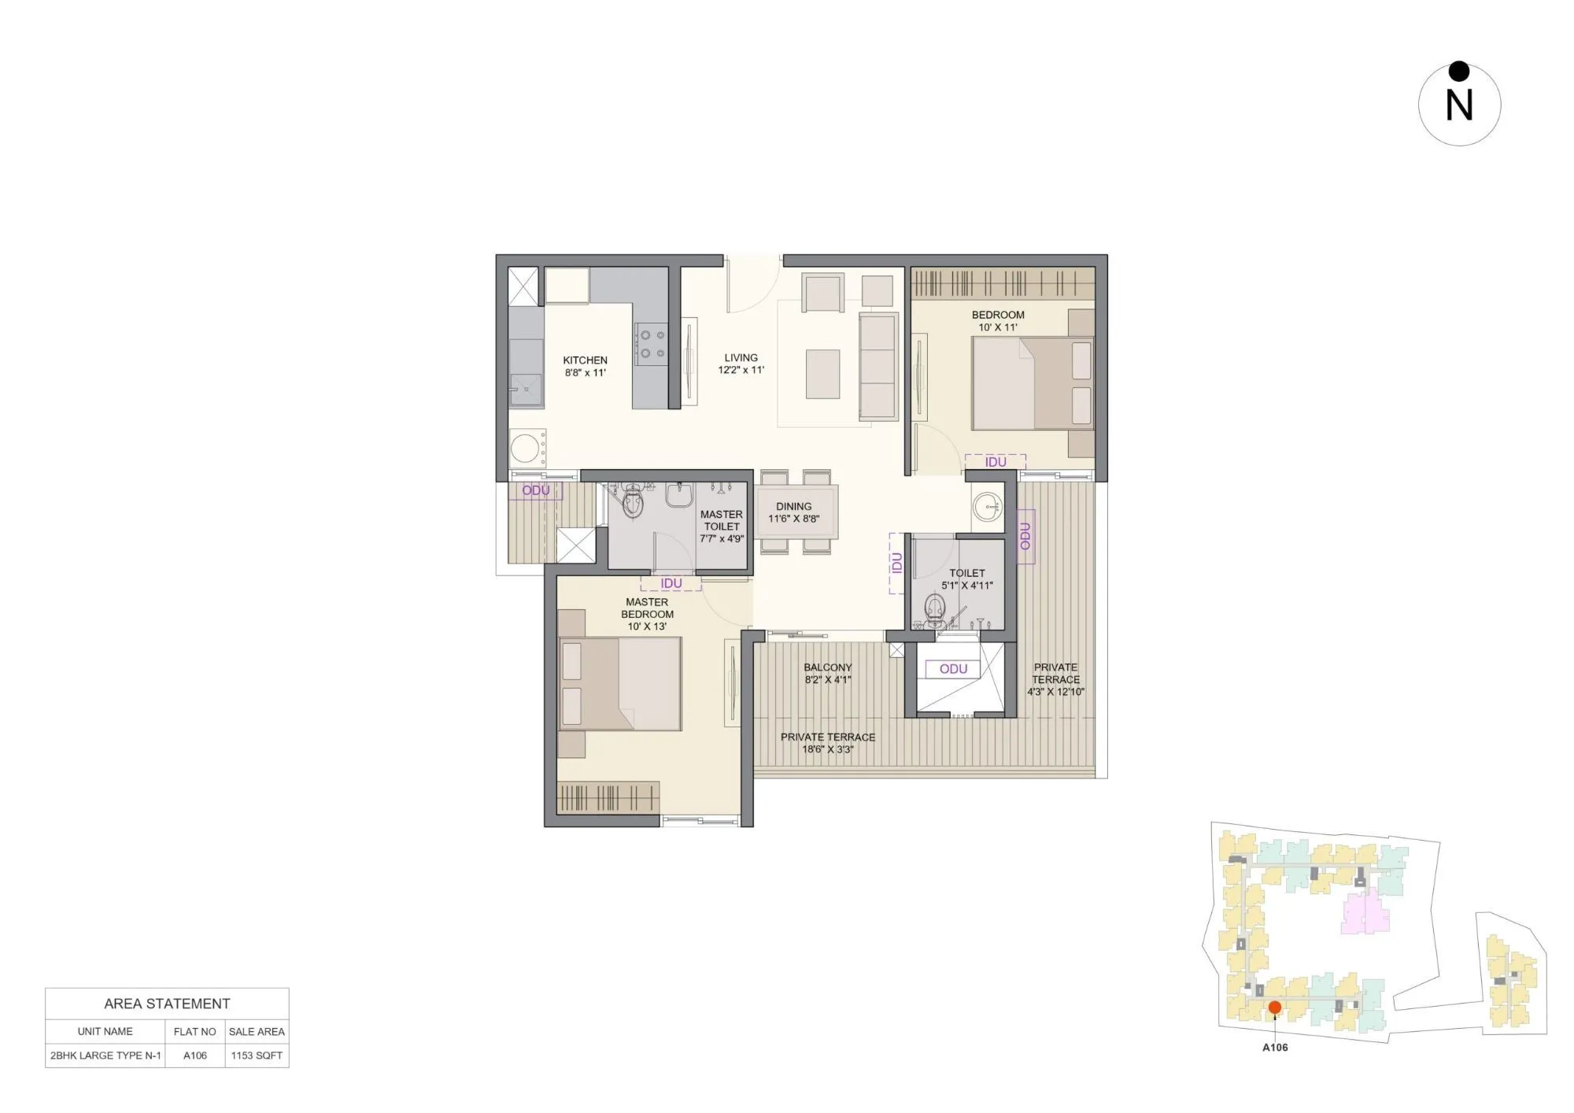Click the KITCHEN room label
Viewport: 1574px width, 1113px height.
pyautogui.click(x=585, y=361)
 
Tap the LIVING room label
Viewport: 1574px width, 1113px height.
pyautogui.click(x=741, y=357)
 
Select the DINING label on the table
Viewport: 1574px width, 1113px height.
pyautogui.click(x=793, y=507)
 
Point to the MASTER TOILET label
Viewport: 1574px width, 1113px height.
pyautogui.click(x=721, y=520)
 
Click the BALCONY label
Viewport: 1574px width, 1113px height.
pyautogui.click(x=827, y=667)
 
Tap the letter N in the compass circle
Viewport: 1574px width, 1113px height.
pyautogui.click(x=1459, y=105)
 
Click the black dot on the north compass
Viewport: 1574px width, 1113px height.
pyautogui.click(x=1459, y=72)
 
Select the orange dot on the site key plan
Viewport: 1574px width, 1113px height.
pyautogui.click(x=1274, y=1008)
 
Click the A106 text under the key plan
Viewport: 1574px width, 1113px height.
pyautogui.click(x=1275, y=1048)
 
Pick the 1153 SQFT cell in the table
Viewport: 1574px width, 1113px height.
pyautogui.click(x=257, y=1056)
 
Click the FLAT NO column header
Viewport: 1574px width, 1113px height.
pyautogui.click(x=194, y=1031)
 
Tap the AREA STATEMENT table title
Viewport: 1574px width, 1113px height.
pyautogui.click(x=167, y=1004)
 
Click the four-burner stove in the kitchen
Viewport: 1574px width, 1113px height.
pyautogui.click(x=651, y=344)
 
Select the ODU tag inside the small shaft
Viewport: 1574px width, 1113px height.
pyautogui.click(x=953, y=669)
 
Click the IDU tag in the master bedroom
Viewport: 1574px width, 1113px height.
pyautogui.click(x=671, y=583)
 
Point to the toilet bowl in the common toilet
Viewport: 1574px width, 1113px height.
pyautogui.click(x=934, y=608)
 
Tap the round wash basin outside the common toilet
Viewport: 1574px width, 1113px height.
pyautogui.click(x=986, y=507)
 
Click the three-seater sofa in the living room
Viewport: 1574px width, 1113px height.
pyautogui.click(x=878, y=366)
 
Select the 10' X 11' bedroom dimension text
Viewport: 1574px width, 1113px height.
pyautogui.click(x=998, y=327)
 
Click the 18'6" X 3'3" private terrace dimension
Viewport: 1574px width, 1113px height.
pyautogui.click(x=827, y=749)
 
